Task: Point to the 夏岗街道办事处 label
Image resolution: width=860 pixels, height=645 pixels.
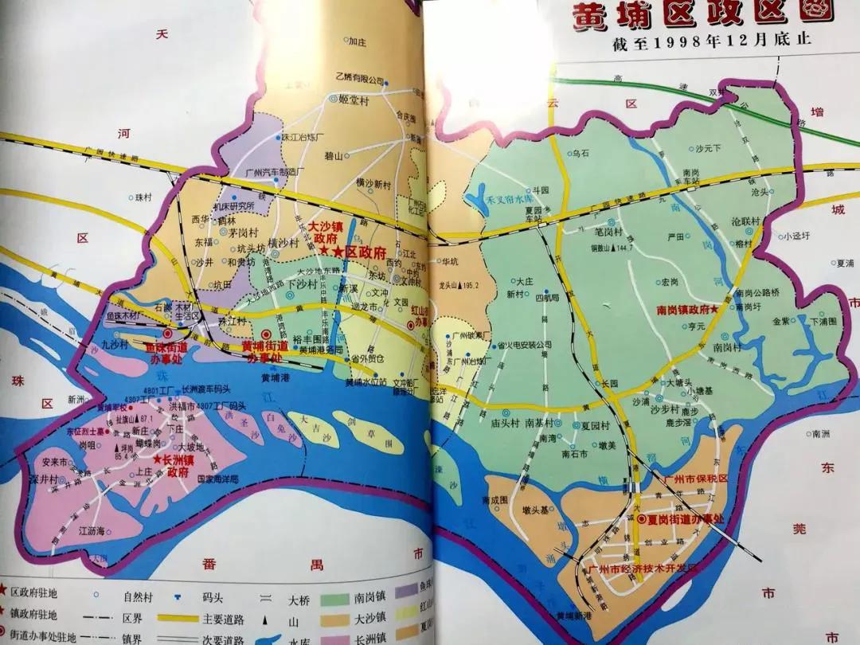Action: coord(688,519)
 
